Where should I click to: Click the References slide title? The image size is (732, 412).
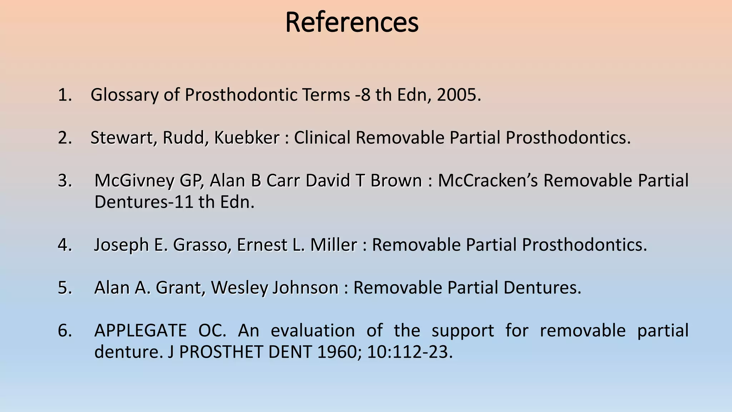(352, 23)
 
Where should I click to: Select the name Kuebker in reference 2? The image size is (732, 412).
(247, 138)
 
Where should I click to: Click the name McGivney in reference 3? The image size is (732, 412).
(134, 181)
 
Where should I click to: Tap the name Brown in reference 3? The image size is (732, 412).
(396, 181)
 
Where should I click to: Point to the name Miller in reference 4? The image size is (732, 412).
(333, 245)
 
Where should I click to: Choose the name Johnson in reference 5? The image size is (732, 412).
(305, 288)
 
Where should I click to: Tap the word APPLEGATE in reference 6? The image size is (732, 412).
(140, 330)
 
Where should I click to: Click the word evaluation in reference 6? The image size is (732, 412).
(312, 330)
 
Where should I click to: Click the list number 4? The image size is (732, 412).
(64, 245)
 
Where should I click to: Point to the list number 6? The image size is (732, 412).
(64, 330)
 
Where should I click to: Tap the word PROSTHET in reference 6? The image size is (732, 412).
(221, 352)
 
